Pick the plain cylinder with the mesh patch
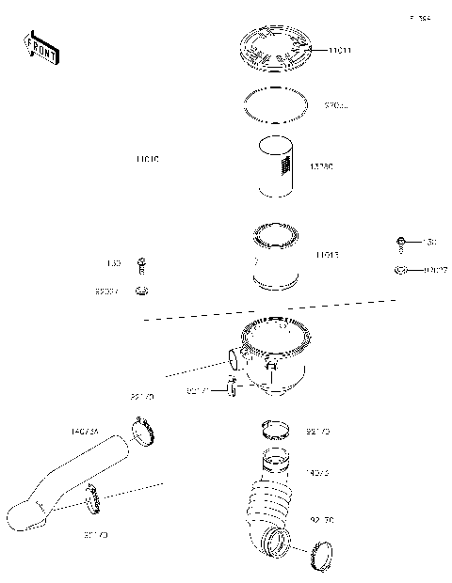click(278, 166)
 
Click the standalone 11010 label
click(148, 161)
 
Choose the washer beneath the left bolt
click(142, 291)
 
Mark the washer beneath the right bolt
click(399, 272)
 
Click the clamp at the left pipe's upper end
click(141, 432)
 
